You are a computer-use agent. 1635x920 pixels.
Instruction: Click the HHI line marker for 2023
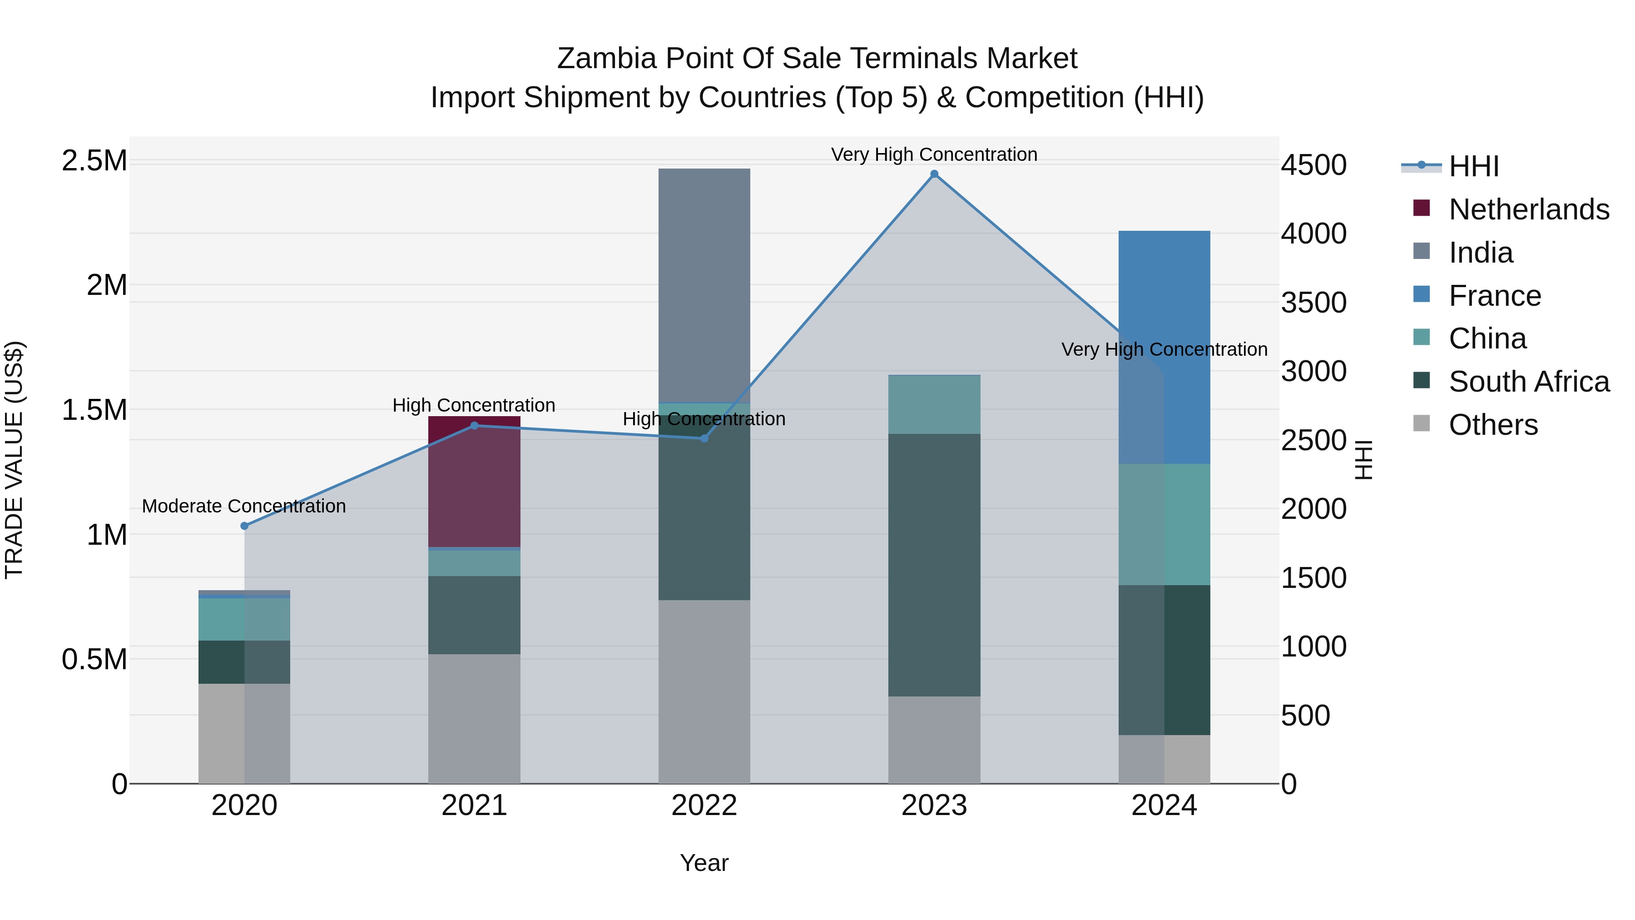pyautogui.click(x=934, y=174)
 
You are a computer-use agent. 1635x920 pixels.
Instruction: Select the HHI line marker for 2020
pyautogui.click(x=244, y=526)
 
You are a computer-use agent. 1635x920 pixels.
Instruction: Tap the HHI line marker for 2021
pyautogui.click(x=474, y=425)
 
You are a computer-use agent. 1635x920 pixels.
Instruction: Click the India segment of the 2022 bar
pyautogui.click(x=704, y=286)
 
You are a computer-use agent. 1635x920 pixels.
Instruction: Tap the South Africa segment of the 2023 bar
pyautogui.click(x=934, y=565)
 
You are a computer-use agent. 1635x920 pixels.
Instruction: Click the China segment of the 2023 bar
pyautogui.click(x=934, y=404)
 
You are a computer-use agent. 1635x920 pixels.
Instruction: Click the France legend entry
pyautogui.click(x=1495, y=296)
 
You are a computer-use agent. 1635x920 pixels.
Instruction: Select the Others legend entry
pyautogui.click(x=1493, y=425)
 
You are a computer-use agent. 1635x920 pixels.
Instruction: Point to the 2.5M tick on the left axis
pyautogui.click(x=94, y=161)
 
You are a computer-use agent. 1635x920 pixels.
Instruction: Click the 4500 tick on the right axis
pyautogui.click(x=1313, y=165)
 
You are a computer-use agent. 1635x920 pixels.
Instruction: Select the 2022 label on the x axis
pyautogui.click(x=704, y=806)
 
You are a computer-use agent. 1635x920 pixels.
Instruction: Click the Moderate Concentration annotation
pyautogui.click(x=244, y=506)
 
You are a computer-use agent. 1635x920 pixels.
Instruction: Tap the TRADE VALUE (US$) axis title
pyautogui.click(x=14, y=460)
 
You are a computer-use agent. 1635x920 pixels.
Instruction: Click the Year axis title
pyautogui.click(x=704, y=863)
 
